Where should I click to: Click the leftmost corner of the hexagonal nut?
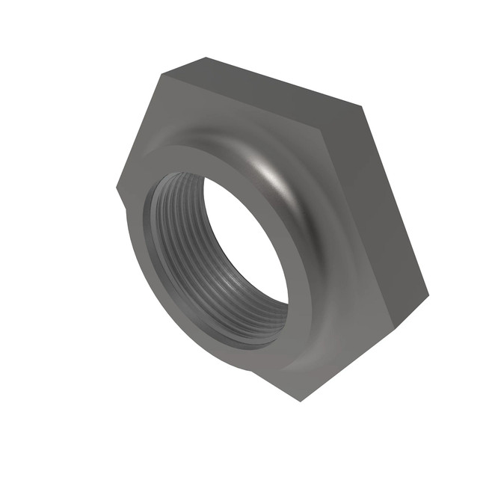coord(117,187)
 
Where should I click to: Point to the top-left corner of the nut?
coord(162,73)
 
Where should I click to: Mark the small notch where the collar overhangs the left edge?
coord(122,200)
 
